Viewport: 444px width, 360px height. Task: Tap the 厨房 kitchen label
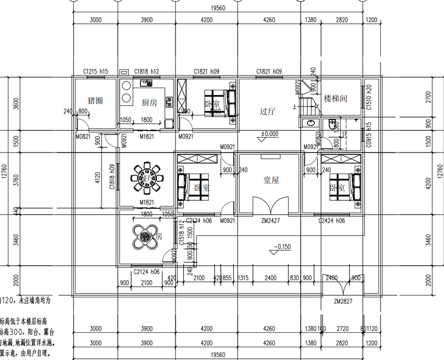coord(149,103)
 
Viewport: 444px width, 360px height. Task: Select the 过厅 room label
coord(268,111)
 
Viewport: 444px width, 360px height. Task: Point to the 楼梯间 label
coord(335,98)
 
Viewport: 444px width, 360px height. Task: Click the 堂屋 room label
coord(270,180)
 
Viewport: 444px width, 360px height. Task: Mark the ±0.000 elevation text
coord(270,134)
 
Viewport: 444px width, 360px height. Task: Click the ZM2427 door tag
coord(270,221)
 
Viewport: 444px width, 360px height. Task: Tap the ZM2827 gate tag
coord(344,302)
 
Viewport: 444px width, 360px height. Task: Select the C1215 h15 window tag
coord(95,72)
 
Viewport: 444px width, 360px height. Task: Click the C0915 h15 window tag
coord(369,136)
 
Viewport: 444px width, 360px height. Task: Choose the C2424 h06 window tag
coord(332,221)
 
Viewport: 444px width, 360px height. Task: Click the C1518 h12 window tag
coord(181,232)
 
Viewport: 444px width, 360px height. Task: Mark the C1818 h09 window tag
coord(113,178)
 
